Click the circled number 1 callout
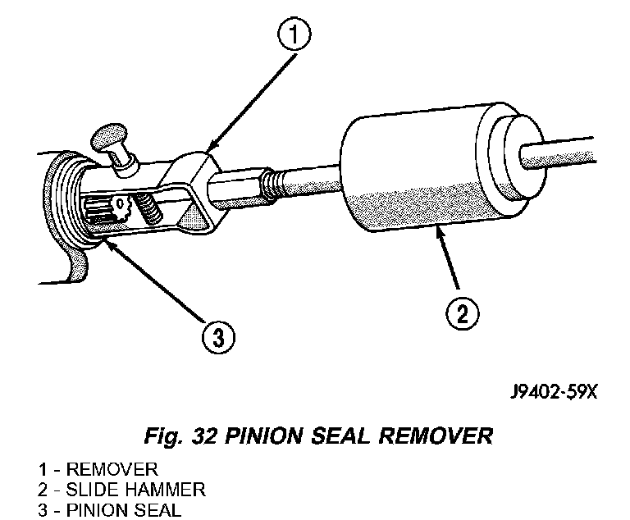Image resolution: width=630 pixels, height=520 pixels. click(294, 34)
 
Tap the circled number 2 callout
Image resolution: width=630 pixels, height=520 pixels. click(462, 313)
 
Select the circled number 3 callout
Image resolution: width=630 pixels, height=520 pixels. click(218, 337)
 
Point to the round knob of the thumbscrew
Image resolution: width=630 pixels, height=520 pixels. click(108, 136)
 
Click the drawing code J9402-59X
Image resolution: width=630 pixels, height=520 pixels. click(554, 392)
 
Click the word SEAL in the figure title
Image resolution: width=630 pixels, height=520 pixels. click(340, 436)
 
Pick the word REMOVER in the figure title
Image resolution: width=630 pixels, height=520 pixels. click(436, 436)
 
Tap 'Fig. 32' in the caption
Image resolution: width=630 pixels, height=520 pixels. click(180, 436)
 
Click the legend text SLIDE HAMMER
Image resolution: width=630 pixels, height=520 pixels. click(136, 490)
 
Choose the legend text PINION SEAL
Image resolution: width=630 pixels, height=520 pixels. click(124, 510)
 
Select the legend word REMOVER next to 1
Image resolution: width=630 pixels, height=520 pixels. click(112, 469)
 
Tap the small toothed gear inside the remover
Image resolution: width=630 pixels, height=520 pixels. click(121, 207)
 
